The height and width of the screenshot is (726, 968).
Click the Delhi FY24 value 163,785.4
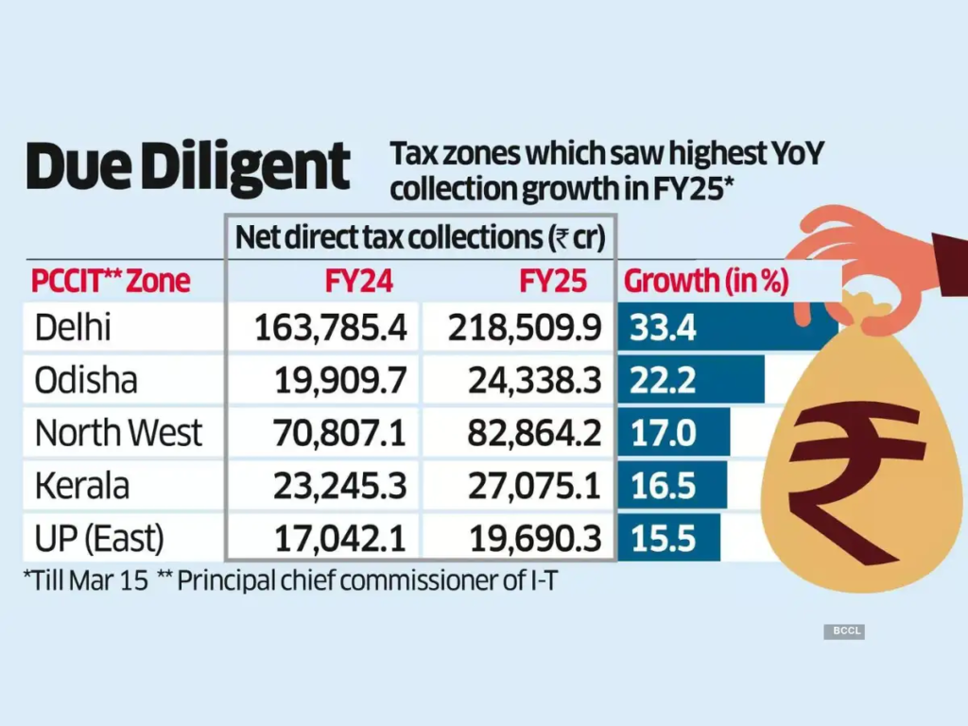[x=330, y=327]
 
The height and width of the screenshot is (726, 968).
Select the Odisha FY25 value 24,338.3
[x=534, y=380]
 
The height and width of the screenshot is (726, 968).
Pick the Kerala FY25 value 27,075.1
[x=534, y=486]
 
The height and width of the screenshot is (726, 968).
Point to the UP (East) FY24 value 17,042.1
[x=337, y=539]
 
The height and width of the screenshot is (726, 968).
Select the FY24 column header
[x=359, y=281]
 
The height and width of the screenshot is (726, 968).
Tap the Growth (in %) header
[x=707, y=281]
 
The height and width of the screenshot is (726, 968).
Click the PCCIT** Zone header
[x=111, y=281]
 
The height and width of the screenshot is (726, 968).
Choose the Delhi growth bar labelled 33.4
[x=728, y=327]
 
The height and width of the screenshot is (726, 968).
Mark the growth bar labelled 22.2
[x=692, y=380]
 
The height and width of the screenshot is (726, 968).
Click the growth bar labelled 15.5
[x=669, y=539]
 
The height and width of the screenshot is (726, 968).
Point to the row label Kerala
[x=82, y=486]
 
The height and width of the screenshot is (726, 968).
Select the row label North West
[x=118, y=433]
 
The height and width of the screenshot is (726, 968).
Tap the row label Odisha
[x=86, y=380]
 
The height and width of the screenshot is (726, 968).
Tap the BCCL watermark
[x=843, y=631]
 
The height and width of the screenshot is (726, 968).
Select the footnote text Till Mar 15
[x=87, y=580]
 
